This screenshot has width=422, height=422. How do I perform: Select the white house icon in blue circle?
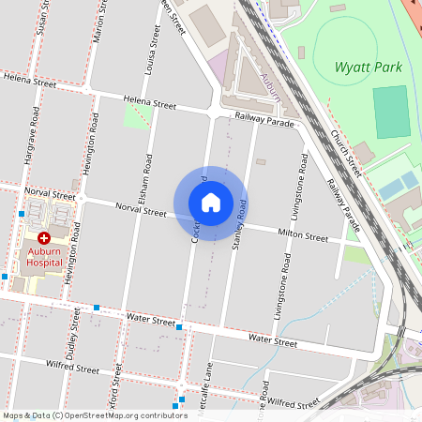(x=210, y=203)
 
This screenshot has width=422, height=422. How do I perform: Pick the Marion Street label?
(x=98, y=23)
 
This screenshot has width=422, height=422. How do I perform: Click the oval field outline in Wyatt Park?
(x=346, y=42)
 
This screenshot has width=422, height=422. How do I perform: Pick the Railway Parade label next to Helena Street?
(x=264, y=117)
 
